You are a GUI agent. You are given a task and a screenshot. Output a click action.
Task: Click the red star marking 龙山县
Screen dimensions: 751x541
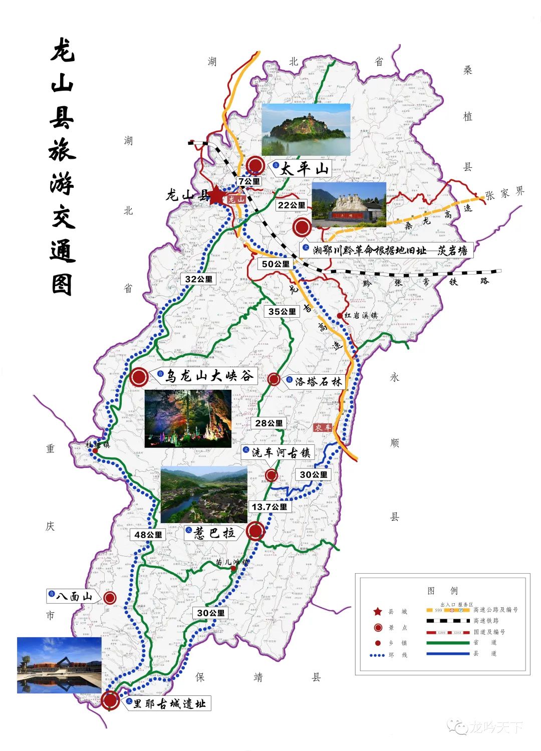216,194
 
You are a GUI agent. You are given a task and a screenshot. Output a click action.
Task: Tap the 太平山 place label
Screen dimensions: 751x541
304,168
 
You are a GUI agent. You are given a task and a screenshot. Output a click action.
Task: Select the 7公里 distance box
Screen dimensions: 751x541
249,181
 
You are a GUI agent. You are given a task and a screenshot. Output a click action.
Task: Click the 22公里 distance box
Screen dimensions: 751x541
292,205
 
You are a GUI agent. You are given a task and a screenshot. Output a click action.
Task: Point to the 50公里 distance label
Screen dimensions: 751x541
276,264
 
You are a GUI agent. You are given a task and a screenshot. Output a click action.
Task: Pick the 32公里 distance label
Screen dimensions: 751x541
199,279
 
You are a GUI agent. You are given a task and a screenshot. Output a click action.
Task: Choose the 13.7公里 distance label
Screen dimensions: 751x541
269,507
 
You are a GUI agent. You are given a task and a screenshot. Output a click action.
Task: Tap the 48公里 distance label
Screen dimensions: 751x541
148,535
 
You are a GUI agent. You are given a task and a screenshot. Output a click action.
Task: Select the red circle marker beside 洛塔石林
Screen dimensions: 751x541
274,379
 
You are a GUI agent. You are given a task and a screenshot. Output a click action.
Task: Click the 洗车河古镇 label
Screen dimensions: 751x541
281,452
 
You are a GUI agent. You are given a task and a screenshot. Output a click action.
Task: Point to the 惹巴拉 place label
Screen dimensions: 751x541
214,533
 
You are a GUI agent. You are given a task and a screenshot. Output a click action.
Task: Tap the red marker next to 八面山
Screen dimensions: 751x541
110,597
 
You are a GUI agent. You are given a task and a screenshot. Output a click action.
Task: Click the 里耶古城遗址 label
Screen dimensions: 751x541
169,703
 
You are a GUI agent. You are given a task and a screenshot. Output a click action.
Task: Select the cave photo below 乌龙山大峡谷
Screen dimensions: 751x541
188,419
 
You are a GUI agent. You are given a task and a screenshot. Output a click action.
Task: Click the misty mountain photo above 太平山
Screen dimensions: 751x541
306,129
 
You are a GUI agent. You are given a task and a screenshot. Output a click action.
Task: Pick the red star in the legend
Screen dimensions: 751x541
378,611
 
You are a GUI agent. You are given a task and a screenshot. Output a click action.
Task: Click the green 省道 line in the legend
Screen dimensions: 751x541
448,643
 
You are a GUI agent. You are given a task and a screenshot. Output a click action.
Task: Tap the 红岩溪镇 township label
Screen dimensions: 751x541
361,315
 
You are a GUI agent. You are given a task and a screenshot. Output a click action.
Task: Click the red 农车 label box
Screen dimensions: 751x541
323,427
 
